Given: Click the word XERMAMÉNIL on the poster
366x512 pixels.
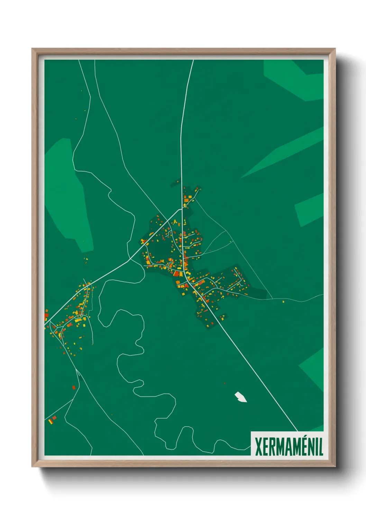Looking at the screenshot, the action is [x=289, y=447].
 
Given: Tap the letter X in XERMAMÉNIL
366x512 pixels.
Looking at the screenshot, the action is [x=258, y=447].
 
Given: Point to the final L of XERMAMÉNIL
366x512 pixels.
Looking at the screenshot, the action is [x=321, y=447].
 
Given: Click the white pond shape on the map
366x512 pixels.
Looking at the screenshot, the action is [x=241, y=397].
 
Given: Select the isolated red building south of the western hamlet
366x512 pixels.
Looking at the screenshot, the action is [x=74, y=387].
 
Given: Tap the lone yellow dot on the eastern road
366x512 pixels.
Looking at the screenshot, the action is [x=283, y=302].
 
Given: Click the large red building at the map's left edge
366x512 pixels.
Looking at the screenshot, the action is [x=46, y=315].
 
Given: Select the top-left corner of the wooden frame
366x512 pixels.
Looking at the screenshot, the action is [x=33, y=49].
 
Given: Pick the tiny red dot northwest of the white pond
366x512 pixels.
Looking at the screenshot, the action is [x=225, y=383].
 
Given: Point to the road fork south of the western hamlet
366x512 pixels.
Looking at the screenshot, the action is [x=77, y=370].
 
